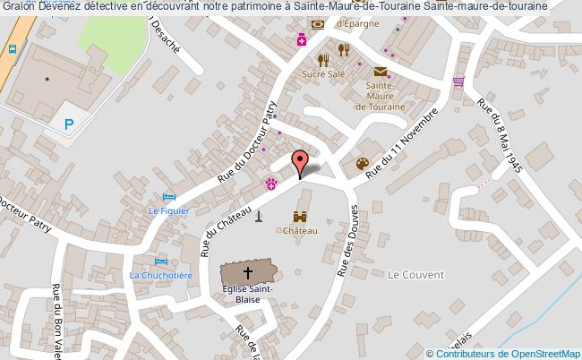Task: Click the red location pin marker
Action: click(301, 163)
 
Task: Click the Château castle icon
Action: click(301, 217)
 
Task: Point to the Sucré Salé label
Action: click(324, 74)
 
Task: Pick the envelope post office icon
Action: click(381, 72)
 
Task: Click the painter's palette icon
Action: click(363, 164)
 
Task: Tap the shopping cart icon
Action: click(459, 81)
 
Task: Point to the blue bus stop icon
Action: click(12, 49)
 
